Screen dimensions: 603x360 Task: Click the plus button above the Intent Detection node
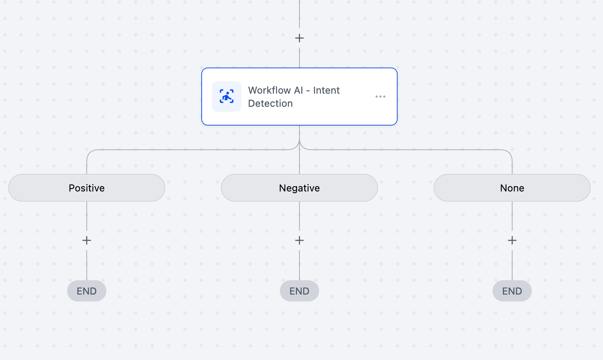299,38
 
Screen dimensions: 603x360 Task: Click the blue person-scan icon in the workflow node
227,97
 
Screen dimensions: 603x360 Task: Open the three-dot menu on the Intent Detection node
380,97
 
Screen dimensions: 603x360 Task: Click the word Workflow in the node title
270,90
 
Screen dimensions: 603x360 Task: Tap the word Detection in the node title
270,103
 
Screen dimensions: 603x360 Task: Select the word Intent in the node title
326,90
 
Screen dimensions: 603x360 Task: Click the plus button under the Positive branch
87,240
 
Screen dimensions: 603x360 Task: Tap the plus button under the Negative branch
299,240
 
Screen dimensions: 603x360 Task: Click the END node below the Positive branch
87,291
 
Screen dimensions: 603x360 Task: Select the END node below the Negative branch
299,291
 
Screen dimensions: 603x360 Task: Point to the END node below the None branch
512,291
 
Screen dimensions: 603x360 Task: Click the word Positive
87,188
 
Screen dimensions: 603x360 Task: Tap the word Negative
299,188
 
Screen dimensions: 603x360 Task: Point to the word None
512,188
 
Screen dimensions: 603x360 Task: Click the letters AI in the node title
298,90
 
